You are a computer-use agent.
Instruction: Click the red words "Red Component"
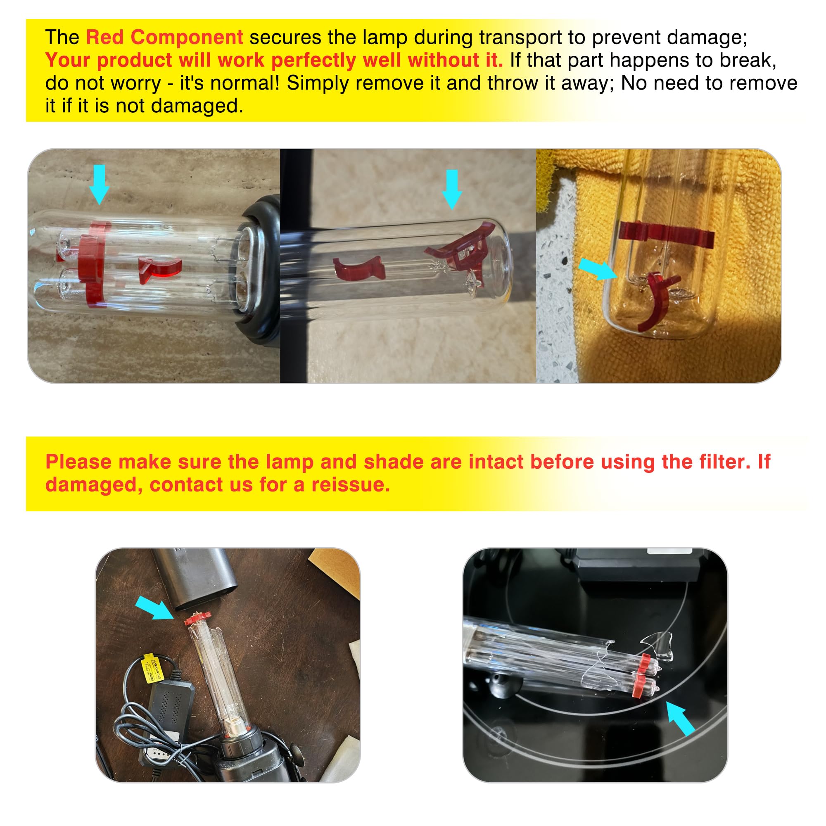tap(165, 38)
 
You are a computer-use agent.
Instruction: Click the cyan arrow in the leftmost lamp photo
tap(99, 185)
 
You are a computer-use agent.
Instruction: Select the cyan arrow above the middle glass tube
tap(452, 190)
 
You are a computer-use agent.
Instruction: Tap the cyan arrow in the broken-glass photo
tap(680, 719)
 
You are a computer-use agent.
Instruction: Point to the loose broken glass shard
tap(656, 644)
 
